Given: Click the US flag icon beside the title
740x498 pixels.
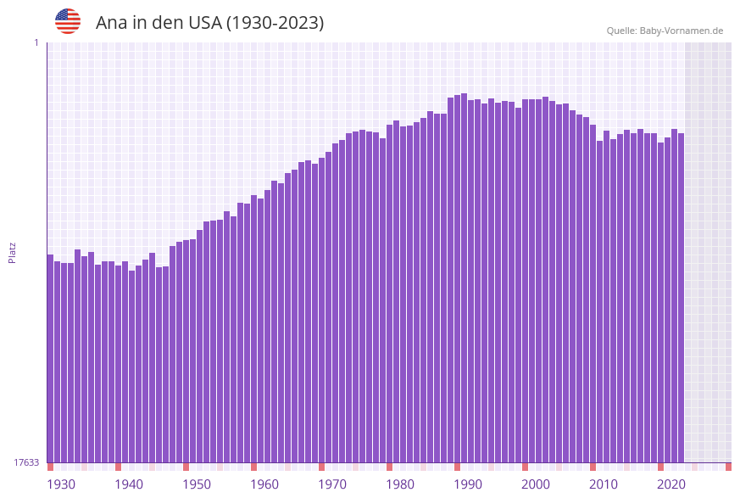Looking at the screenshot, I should (x=68, y=21).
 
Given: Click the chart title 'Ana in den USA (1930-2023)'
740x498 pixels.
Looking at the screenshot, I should (x=209, y=23).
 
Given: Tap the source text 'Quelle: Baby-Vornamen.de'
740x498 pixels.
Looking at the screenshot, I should (x=665, y=31).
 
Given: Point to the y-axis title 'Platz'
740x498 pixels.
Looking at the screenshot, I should (x=13, y=252).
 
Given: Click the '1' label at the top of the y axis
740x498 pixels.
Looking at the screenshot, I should (x=36, y=42).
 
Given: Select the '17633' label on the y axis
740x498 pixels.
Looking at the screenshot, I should (x=26, y=462).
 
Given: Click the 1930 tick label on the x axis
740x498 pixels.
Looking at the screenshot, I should (x=61, y=484).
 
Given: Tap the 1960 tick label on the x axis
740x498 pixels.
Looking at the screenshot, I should (x=264, y=484).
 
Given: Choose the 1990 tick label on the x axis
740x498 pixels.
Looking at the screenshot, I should (x=468, y=484).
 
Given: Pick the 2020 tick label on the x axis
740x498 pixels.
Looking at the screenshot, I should (x=671, y=484).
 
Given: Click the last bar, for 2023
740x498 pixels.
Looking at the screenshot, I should (x=681, y=298).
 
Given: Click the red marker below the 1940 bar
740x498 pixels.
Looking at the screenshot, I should (x=118, y=467).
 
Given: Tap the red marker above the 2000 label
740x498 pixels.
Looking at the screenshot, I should (x=525, y=467).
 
